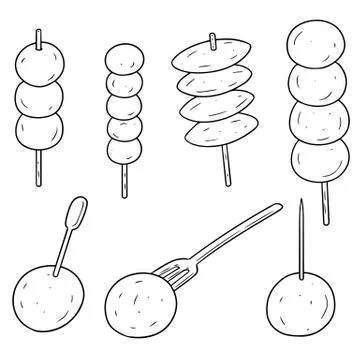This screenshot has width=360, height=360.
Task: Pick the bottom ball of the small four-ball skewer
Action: (x=122, y=153)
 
